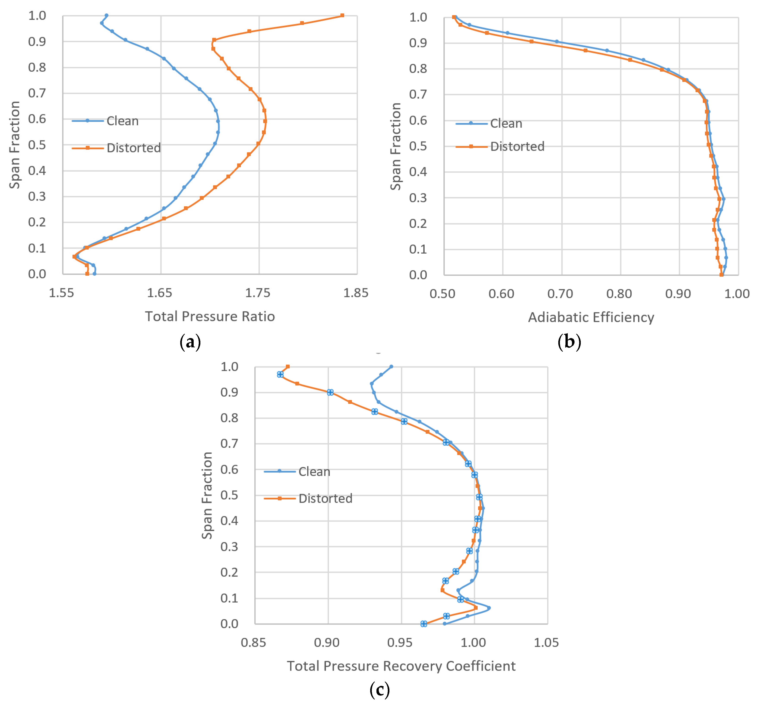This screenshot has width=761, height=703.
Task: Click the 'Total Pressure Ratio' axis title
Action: [210, 317]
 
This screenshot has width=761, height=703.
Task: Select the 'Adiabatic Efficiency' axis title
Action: [591, 317]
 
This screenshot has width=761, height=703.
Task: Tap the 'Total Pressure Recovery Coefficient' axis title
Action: [401, 666]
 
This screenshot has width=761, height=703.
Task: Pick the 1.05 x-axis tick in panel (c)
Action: [546, 643]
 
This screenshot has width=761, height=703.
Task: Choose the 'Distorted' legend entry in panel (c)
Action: [325, 498]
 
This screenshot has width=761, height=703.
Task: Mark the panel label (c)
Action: [379, 689]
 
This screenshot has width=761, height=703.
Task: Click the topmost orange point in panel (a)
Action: [342, 16]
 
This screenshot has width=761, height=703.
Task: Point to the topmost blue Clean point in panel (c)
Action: [391, 367]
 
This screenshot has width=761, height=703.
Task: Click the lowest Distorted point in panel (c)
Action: [423, 624]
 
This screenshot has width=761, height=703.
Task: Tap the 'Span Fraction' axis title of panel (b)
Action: [396, 146]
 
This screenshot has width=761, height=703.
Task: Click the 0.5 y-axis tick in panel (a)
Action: [37, 145]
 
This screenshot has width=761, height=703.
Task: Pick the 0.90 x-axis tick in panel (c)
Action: [327, 643]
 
